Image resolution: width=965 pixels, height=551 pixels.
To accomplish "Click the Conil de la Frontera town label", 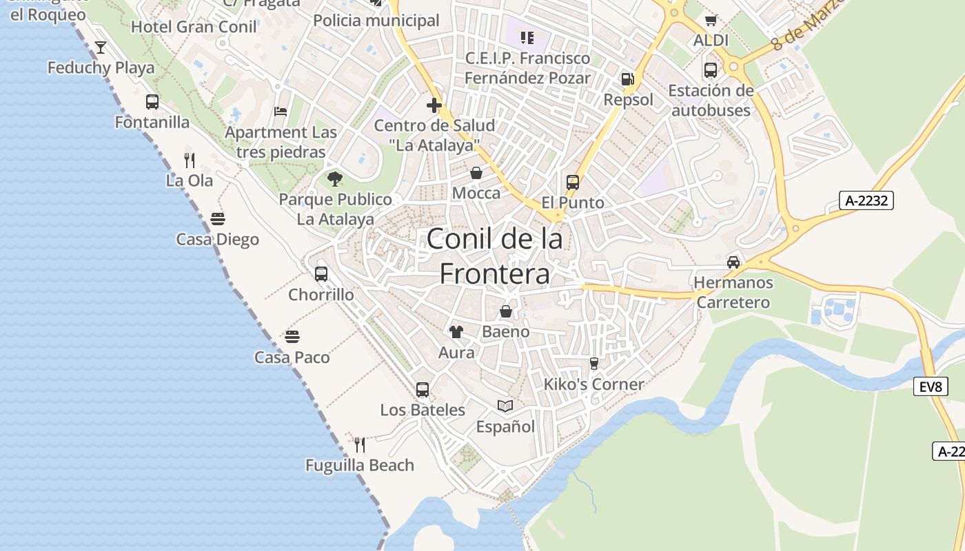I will click(495, 256).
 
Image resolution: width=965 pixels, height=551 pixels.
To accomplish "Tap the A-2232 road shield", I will click(866, 200).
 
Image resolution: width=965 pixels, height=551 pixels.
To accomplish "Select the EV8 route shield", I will click(930, 386).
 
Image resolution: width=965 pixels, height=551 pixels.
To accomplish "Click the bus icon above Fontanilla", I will click(152, 102).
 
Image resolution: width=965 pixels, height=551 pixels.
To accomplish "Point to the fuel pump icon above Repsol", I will click(627, 79).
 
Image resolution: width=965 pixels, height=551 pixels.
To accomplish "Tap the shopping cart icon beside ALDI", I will click(711, 21).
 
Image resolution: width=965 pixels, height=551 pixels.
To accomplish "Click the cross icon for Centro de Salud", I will click(434, 105).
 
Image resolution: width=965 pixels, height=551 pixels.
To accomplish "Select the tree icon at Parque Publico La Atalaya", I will click(335, 180).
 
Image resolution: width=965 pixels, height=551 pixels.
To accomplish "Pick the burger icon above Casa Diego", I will click(218, 219).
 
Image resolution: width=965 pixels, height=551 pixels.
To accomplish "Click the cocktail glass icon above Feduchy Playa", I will click(101, 48).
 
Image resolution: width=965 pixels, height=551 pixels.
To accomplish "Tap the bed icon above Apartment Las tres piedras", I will click(280, 112).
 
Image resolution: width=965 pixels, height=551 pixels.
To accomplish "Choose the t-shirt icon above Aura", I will click(456, 332).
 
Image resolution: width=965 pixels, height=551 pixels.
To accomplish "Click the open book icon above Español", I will click(505, 406).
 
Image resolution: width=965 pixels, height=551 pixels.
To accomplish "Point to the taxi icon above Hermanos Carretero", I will click(733, 262).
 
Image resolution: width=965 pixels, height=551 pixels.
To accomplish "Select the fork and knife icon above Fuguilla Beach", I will click(359, 444).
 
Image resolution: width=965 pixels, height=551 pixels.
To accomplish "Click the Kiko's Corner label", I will click(593, 384).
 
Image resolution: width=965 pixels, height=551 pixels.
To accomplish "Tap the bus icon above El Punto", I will click(573, 183).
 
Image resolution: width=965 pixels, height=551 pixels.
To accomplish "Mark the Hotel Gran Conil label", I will click(194, 27).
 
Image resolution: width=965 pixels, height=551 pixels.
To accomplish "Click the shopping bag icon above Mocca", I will click(476, 173).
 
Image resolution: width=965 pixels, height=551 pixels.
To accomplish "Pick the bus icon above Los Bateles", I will click(423, 390).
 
